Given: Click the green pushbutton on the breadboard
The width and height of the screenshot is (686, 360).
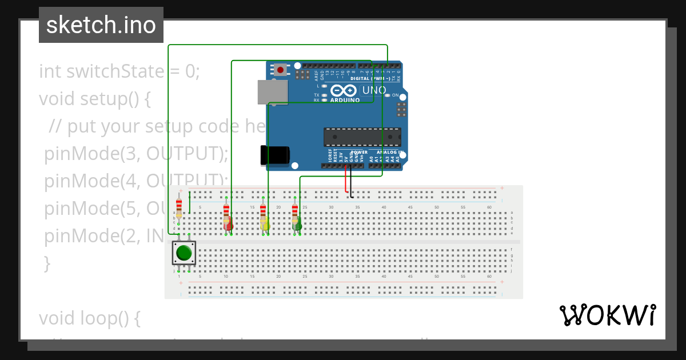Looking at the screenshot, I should (184, 252).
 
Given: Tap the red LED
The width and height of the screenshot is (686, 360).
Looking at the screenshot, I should (228, 223).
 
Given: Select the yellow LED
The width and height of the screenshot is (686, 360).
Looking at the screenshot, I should (265, 223).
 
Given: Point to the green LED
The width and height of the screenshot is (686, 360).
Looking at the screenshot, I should (297, 223).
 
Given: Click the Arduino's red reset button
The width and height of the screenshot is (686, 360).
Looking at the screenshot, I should (280, 70).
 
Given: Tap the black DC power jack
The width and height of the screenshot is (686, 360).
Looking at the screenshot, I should (274, 155).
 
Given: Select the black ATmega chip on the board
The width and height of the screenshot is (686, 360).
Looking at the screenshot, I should (362, 137).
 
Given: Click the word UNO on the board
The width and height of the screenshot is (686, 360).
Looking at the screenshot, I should (374, 90).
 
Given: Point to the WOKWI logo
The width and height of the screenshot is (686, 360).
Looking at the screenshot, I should (607, 315).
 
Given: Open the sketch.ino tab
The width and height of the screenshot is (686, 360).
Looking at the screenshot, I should (101, 25).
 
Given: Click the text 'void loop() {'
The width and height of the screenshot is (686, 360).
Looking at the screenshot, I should (89, 318).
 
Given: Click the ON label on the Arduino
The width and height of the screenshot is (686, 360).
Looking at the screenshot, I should (396, 95).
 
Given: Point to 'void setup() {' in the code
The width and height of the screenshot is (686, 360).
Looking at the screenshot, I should (94, 99).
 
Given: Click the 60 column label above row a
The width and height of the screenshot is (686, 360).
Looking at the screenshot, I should (489, 207).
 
